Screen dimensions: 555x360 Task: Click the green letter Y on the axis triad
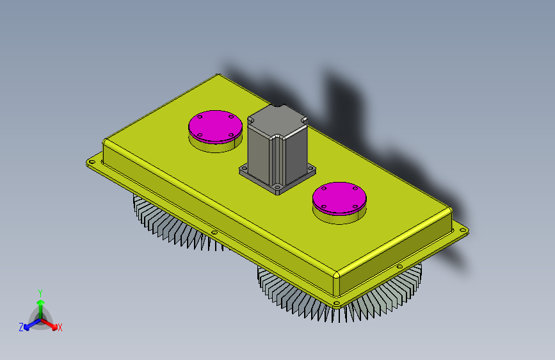[40, 293]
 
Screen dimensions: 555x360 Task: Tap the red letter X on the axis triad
[60, 328]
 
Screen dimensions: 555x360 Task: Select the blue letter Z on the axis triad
[21, 327]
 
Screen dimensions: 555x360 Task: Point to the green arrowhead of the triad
[41, 302]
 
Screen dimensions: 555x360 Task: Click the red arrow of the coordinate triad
[49, 324]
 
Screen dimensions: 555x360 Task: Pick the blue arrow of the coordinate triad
[32, 324]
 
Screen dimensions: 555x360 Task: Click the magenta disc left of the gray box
[215, 126]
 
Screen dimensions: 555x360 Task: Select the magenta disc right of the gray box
[339, 199]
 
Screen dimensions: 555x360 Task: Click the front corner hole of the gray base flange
[278, 187]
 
